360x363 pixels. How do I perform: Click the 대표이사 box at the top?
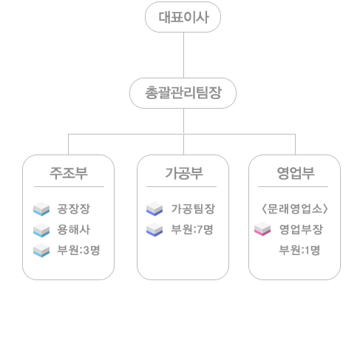tap(183, 17)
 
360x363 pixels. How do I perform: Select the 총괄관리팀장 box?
tap(183, 93)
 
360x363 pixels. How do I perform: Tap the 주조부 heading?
tap(69, 173)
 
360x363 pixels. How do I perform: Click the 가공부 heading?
tap(184, 173)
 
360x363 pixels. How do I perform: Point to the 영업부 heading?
tap(296, 173)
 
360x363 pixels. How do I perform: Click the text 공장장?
tap(74, 208)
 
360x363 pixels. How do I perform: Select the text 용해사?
tap(74, 229)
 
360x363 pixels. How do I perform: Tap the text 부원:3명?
tap(78, 250)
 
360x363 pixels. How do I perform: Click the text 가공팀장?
tap(193, 208)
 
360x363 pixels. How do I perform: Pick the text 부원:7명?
tap(192, 229)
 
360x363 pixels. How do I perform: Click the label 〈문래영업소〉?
tap(295, 208)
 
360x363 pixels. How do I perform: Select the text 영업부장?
tap(301, 229)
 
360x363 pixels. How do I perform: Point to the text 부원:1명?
tap(299, 250)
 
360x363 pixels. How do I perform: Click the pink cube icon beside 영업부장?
tap(262, 228)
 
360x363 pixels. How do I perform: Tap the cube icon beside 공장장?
tap(41, 208)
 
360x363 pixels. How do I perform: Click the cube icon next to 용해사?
tap(41, 230)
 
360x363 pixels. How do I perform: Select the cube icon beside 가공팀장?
tap(154, 208)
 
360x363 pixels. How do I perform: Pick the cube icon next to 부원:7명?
tap(154, 229)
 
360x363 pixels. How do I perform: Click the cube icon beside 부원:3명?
tap(41, 250)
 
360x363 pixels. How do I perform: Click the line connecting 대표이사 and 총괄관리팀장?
tap(183, 55)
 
